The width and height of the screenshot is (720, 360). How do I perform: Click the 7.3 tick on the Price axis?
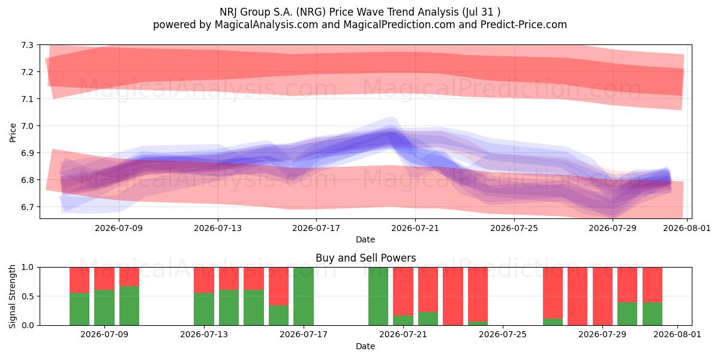pyautogui.click(x=27, y=45)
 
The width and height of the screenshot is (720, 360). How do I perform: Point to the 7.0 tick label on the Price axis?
pyautogui.click(x=27, y=125)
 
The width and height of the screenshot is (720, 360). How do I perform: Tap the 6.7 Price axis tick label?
pyautogui.click(x=27, y=206)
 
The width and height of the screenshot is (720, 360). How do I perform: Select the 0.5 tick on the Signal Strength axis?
pyautogui.click(x=27, y=296)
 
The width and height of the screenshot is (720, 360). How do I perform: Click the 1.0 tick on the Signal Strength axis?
pyautogui.click(x=27, y=267)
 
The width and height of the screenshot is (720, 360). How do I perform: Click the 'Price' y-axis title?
pyautogui.click(x=13, y=133)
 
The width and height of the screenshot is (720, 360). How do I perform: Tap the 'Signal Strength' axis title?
pyautogui.click(x=13, y=296)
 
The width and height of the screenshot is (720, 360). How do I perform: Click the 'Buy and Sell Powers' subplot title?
pyautogui.click(x=366, y=258)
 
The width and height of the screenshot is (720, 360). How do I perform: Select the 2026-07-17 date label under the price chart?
pyautogui.click(x=316, y=228)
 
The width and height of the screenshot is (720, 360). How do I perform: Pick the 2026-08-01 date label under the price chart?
pyautogui.click(x=687, y=228)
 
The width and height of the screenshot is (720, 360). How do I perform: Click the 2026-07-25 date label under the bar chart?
pyautogui.click(x=503, y=334)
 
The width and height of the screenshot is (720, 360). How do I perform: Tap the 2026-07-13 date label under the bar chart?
pyautogui.click(x=204, y=334)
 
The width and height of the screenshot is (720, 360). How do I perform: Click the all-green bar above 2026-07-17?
pyautogui.click(x=304, y=296)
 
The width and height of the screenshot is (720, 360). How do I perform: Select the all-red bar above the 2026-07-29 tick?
pyautogui.click(x=602, y=296)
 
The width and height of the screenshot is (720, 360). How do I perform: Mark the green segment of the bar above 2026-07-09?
pyautogui.click(x=104, y=308)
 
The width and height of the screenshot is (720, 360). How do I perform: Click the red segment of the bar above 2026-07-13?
pyautogui.click(x=204, y=280)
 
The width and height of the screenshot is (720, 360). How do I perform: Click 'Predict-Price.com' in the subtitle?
pyautogui.click(x=524, y=25)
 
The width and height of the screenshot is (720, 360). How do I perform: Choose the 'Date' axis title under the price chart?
pyautogui.click(x=365, y=239)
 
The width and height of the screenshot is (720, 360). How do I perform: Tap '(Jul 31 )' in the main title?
pyautogui.click(x=481, y=12)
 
